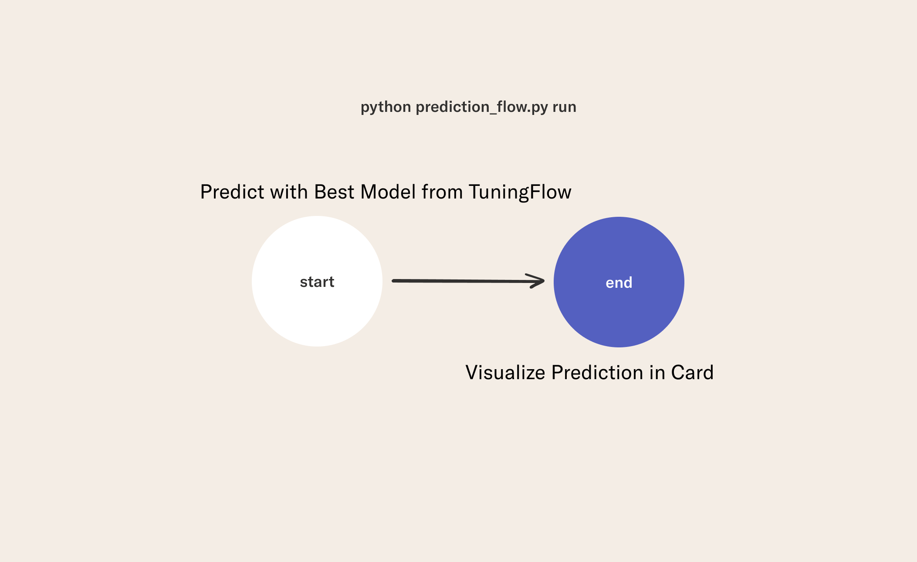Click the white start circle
(317, 281)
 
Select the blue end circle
(619, 282)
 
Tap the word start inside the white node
(317, 282)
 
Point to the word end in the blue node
(619, 283)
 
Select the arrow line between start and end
(468, 281)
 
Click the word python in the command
(386, 107)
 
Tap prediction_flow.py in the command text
(482, 107)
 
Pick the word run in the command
(565, 107)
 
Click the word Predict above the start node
(232, 192)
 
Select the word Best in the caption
(334, 192)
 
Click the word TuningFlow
(520, 192)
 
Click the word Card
(692, 373)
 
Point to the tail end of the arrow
(393, 281)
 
